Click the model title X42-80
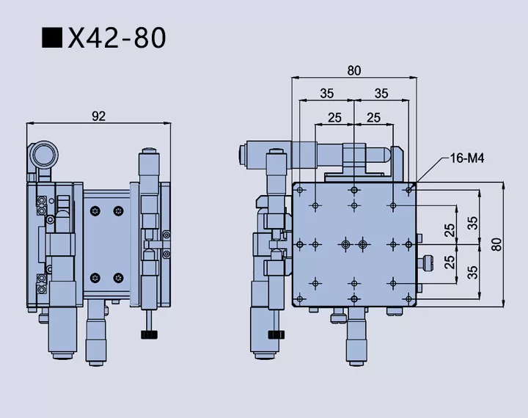point(117,37)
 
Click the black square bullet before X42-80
point(52,38)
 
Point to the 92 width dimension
point(98,115)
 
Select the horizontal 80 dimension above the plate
point(354,70)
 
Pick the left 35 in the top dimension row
point(326,93)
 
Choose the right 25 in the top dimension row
point(373,117)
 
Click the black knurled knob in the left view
point(150,335)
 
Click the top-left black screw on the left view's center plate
point(95,211)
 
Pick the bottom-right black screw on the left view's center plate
point(118,277)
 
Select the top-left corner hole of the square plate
point(300,188)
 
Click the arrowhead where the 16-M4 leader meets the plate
point(417,181)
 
